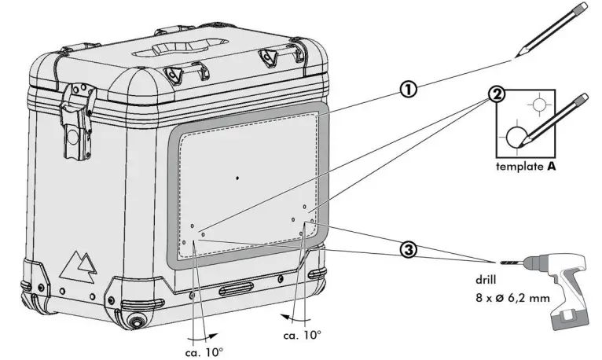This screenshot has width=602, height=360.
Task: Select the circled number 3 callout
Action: pos(408,249)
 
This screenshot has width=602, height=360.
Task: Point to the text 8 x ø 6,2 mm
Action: pos(512,297)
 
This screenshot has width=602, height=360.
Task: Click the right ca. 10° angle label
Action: pos(301,334)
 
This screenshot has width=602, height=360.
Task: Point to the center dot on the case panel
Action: pos(237,178)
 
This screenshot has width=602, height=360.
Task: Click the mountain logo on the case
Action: pos(79,266)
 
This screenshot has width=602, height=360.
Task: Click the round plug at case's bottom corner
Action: pos(138,321)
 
